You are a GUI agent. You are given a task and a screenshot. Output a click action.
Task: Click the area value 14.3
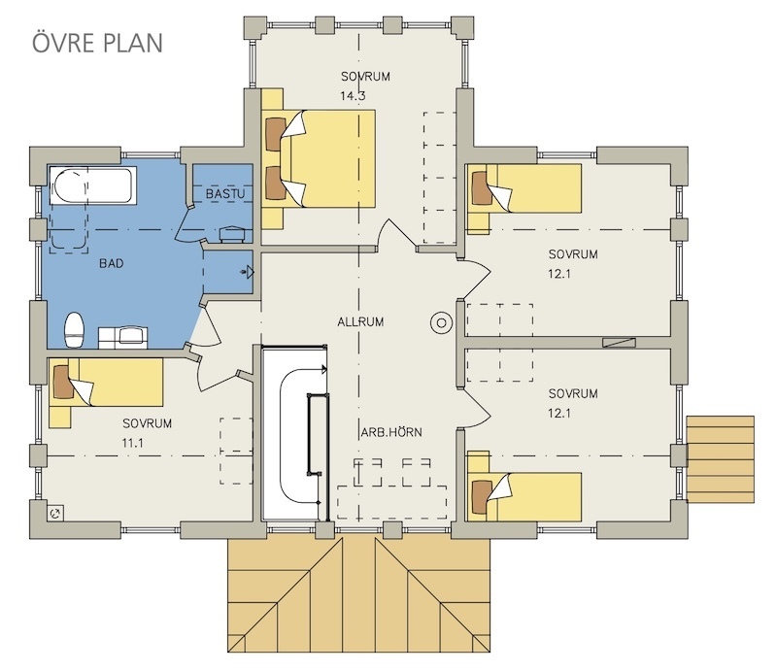point(353,95)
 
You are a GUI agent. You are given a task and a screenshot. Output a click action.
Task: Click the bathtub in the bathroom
point(93,187)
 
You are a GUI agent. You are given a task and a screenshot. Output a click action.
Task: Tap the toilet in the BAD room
point(72,331)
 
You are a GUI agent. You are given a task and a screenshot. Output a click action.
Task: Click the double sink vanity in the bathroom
point(121,336)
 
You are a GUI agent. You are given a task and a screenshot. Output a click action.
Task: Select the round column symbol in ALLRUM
point(442,321)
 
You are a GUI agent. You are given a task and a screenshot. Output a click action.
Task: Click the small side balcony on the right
point(720,459)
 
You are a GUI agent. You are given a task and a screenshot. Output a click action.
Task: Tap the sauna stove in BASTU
point(232,233)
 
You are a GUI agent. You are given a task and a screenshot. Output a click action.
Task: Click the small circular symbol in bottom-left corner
point(56,514)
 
